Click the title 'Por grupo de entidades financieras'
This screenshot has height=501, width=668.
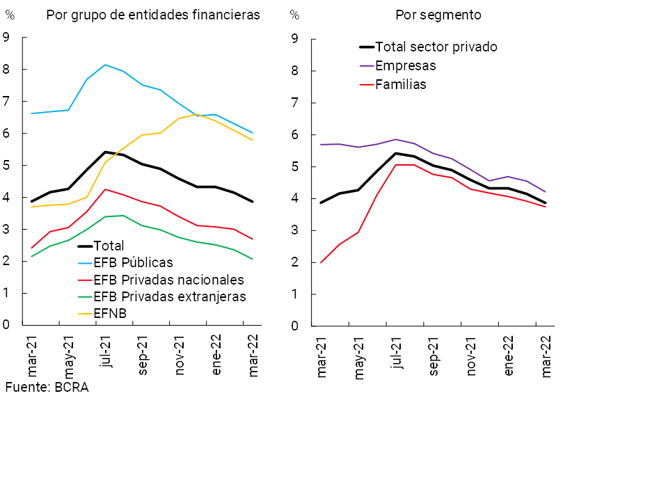(x=153, y=15)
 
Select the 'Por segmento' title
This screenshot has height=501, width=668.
(x=438, y=15)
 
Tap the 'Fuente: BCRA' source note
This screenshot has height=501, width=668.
(x=47, y=388)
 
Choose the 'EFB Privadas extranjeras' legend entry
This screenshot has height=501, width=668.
(x=169, y=297)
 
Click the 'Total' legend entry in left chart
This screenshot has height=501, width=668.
(x=109, y=246)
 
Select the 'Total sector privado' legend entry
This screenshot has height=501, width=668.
(x=436, y=47)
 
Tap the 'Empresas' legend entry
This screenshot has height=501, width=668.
(x=405, y=66)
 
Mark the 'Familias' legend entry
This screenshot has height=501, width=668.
(x=400, y=85)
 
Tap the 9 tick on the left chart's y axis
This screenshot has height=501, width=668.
(x=6, y=38)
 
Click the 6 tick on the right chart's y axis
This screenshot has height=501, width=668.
(x=295, y=134)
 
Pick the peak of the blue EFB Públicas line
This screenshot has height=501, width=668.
(x=105, y=65)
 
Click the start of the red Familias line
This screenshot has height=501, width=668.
(x=321, y=262)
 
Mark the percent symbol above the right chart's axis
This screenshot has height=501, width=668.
(x=294, y=15)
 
